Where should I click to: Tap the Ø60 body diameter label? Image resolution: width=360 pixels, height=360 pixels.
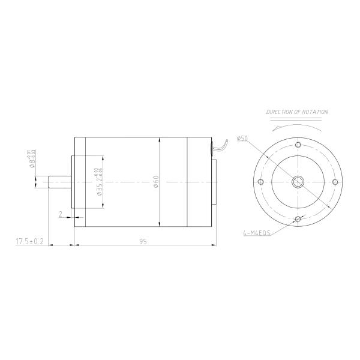tap(155, 182)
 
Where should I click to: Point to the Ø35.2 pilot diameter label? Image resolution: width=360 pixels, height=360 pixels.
tap(98, 183)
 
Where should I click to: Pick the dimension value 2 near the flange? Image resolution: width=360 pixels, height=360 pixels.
tap(61, 214)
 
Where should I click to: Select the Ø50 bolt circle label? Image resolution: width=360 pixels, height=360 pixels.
tap(242, 139)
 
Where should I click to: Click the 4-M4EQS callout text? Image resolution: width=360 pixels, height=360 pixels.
tap(257, 234)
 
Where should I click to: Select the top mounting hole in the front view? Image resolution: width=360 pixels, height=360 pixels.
tap(298, 145)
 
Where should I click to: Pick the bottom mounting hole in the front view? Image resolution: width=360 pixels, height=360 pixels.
tap(298, 220)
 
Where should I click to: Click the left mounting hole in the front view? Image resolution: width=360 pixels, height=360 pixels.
tap(260, 182)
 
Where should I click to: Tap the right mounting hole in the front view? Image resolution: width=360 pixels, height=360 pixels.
tap(335, 182)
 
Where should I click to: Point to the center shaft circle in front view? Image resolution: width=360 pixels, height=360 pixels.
tap(298, 182)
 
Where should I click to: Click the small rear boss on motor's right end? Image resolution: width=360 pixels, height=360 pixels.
tap(215, 182)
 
